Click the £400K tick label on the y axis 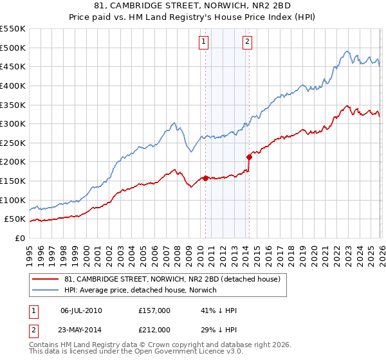(13, 85)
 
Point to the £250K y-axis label (13, 143)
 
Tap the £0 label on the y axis (19, 238)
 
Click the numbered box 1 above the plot (204, 42)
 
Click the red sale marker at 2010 (205, 178)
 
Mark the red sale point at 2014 (249, 156)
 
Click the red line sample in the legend (46, 280)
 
